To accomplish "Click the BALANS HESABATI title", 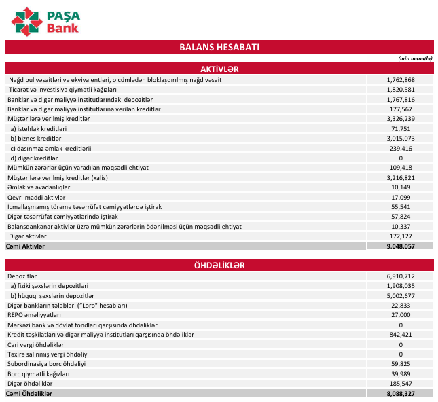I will click(x=219, y=47).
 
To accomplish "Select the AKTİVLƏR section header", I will click(x=219, y=69).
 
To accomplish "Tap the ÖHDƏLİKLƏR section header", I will click(x=219, y=266).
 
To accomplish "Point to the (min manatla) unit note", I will click(x=415, y=58).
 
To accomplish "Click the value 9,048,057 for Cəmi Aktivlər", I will click(x=400, y=246).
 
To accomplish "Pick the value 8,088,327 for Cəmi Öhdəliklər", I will click(x=400, y=394).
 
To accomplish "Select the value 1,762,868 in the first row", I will click(x=400, y=80).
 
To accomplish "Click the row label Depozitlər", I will click(x=22, y=276).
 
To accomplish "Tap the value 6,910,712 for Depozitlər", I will click(x=400, y=276).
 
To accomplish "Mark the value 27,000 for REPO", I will click(x=400, y=316).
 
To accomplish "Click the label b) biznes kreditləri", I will click(x=38, y=139).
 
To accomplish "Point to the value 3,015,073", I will click(x=400, y=139).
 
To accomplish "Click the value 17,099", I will click(x=400, y=198).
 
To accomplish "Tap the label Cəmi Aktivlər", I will click(x=25, y=246).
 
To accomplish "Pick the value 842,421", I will click(x=400, y=335).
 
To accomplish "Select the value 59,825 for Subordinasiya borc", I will click(x=400, y=365).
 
